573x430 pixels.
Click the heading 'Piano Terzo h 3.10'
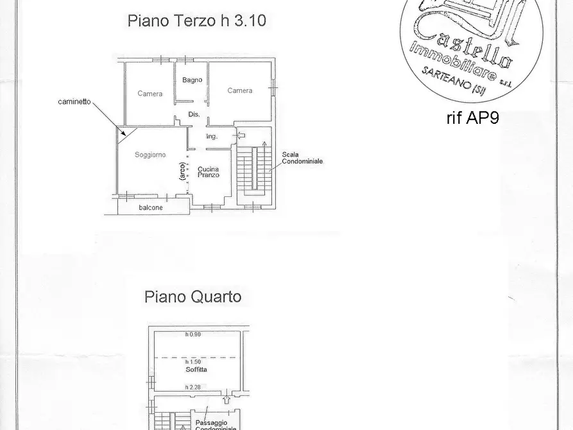pos(196,21)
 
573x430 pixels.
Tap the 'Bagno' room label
pos(192,80)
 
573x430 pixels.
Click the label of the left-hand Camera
pos(150,94)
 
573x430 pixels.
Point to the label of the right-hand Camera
pos(240,90)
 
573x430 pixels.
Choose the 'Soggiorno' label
pos(150,155)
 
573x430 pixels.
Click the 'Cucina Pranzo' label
pos(209,171)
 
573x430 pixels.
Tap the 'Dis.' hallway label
pos(194,114)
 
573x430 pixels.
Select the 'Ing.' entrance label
pos(212,137)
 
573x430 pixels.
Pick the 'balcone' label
pos(151,208)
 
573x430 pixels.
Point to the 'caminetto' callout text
pos(74,102)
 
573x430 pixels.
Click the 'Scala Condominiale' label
pos(302,158)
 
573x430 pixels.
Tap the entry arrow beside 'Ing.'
pos(240,135)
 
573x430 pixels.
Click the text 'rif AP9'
pos(472,118)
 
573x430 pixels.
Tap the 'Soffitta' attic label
pos(197,370)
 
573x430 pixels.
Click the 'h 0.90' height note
pos(192,334)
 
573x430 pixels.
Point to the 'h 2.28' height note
pos(192,387)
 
